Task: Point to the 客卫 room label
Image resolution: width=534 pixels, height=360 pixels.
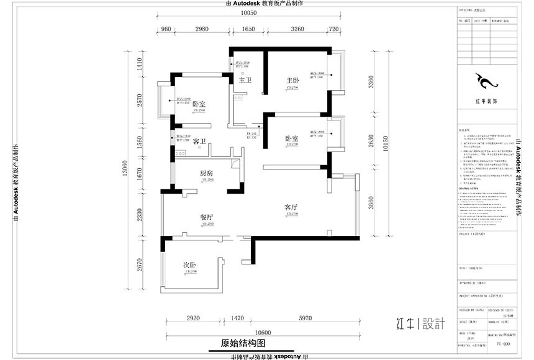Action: [199, 142]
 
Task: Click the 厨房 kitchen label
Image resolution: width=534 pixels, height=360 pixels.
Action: [206, 173]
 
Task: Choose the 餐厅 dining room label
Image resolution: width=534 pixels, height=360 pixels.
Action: [206, 217]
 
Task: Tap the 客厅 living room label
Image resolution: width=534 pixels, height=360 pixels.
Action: [292, 207]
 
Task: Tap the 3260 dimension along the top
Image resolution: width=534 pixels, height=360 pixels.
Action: [297, 29]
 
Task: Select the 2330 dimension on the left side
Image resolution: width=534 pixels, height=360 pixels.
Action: [140, 215]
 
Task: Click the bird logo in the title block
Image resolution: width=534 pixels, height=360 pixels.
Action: [482, 81]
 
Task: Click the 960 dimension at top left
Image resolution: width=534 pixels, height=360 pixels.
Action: [166, 29]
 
